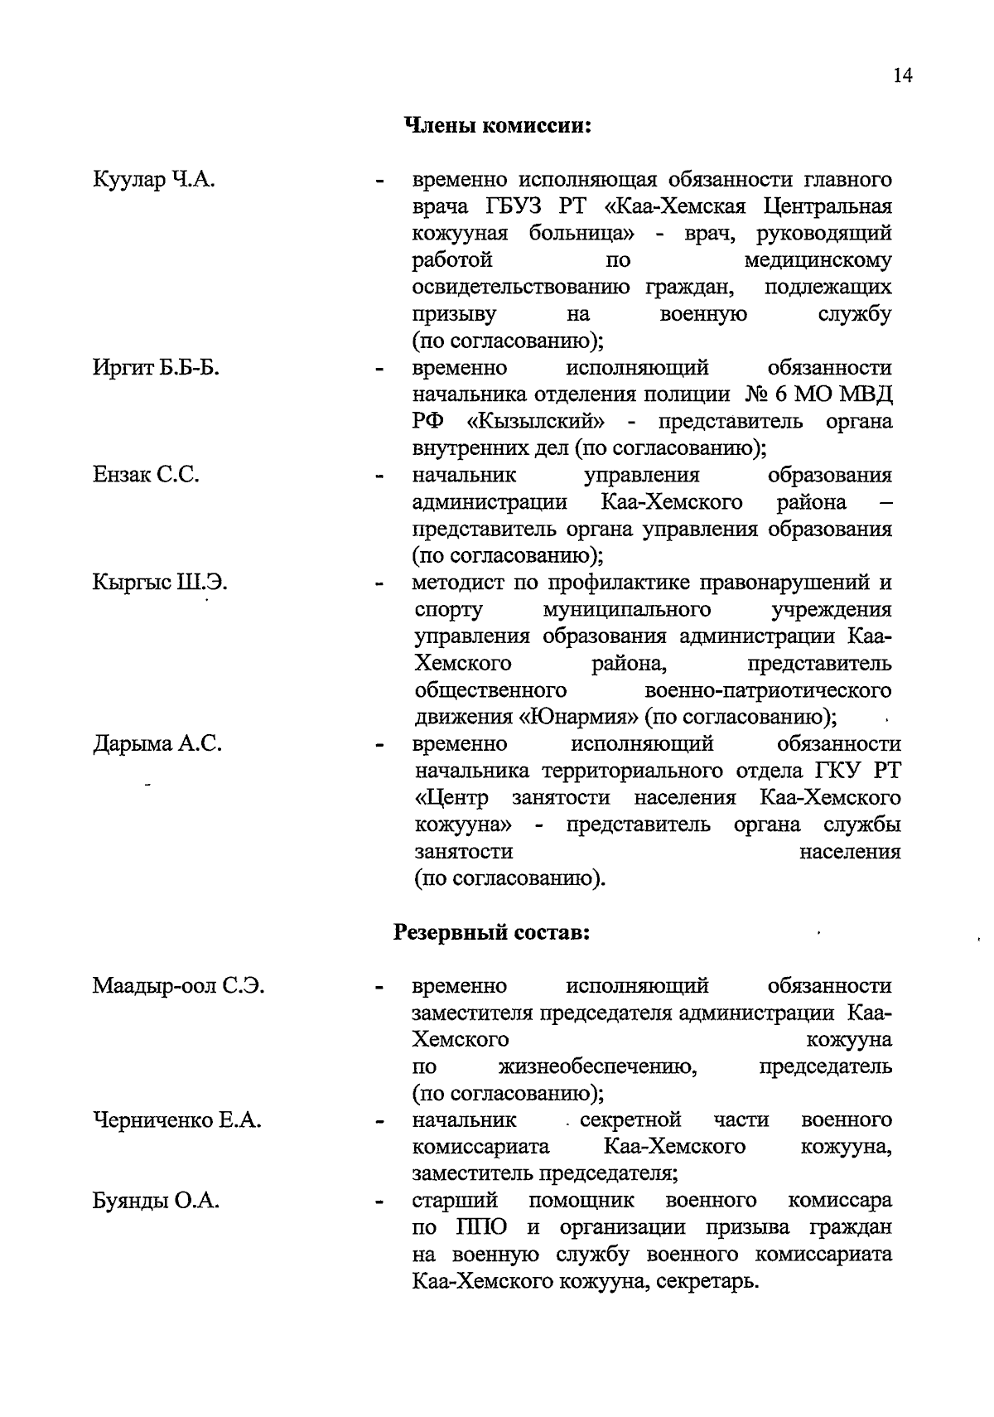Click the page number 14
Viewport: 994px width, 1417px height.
click(x=902, y=75)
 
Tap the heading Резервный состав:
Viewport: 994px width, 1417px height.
click(x=492, y=932)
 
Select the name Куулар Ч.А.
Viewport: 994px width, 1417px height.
click(x=154, y=179)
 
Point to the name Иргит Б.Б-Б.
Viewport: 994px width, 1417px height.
click(x=156, y=367)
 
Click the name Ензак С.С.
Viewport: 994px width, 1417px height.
click(x=146, y=475)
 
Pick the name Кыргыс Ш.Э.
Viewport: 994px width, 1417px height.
click(x=160, y=583)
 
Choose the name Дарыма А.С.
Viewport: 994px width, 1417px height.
click(x=157, y=743)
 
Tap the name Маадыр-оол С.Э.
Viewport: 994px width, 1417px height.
click(x=178, y=986)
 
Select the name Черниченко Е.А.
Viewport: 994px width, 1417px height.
click(x=176, y=1120)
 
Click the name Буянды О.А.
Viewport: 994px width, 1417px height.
click(x=156, y=1201)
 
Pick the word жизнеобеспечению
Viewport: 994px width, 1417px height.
click(x=597, y=1066)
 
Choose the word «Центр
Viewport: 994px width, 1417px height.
click(x=451, y=797)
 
